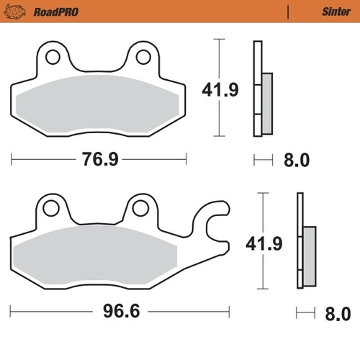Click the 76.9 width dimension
click(x=99, y=159)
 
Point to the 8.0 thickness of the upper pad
click(x=296, y=159)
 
